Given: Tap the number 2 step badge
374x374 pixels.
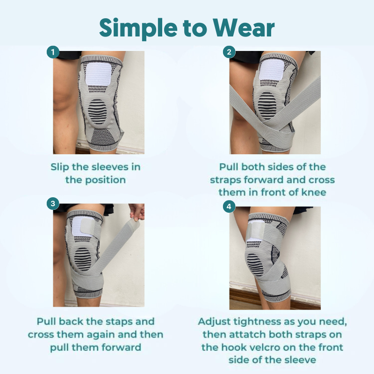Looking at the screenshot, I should [x=229, y=52].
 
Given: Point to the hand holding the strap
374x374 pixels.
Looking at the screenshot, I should [x=137, y=211].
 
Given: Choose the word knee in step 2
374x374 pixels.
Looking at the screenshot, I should [x=313, y=192].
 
